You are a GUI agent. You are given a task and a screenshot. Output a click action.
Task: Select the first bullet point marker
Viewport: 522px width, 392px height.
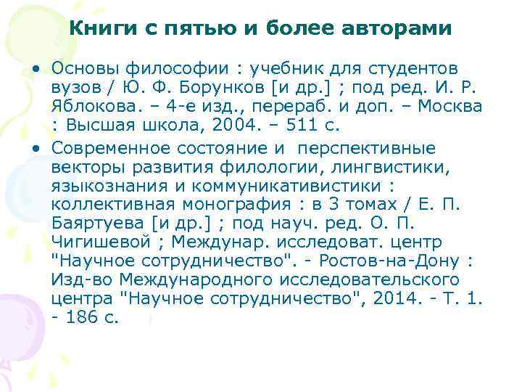[x=36, y=68]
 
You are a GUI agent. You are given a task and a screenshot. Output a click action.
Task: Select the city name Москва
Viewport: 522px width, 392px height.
[x=448, y=107]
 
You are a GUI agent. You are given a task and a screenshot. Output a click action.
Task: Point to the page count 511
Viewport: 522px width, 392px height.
[x=299, y=126]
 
